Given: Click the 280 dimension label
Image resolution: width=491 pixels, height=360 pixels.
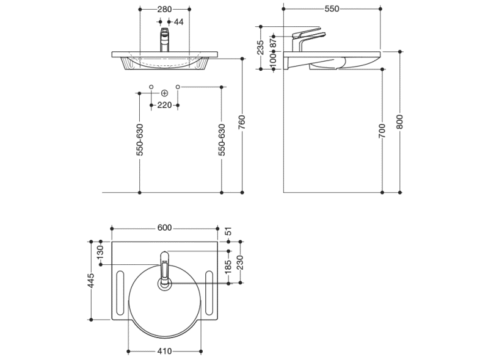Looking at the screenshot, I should tap(164, 9).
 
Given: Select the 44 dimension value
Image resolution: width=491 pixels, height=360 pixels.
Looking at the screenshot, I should tap(178, 22).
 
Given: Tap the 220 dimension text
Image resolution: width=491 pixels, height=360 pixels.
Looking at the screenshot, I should tap(164, 105).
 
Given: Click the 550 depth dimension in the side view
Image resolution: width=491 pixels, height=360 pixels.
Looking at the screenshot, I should tap(331, 9).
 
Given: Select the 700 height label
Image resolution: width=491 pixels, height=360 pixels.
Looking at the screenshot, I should tap(382, 131).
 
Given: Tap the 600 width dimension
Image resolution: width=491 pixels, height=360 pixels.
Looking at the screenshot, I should tap(164, 228).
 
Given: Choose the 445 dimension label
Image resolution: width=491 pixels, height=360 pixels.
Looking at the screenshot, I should tap(91, 280).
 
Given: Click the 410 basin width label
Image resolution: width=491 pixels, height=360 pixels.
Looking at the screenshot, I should tap(164, 351).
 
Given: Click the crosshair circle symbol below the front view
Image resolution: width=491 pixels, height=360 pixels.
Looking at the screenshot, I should tap(164, 93).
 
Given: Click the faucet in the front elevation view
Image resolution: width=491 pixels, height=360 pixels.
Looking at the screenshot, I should tap(164, 40).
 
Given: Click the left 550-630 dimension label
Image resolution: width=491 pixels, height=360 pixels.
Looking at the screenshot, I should tap(140, 140).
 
